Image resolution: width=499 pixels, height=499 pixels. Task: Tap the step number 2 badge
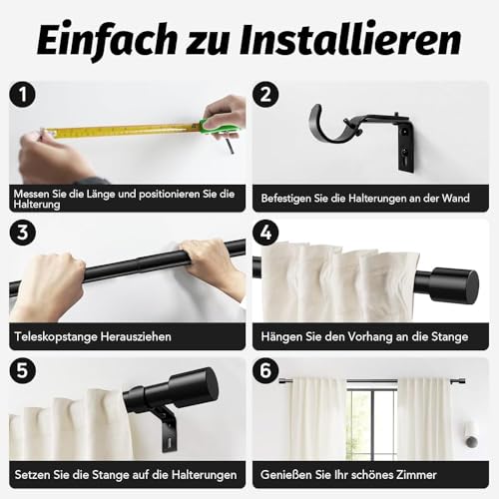265,96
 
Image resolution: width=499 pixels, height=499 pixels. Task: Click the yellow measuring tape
120,130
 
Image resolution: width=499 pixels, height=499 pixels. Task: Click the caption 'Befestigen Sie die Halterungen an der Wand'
371,199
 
